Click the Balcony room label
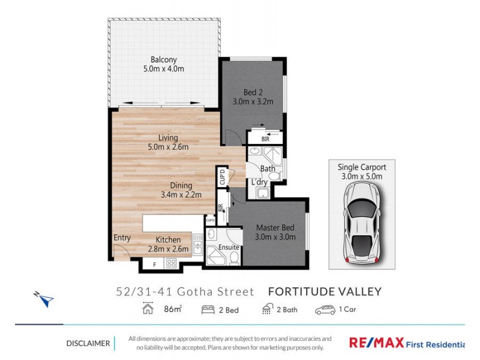163,59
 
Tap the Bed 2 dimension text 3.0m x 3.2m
253,101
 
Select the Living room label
164,138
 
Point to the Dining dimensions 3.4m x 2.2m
181,194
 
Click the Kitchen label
168,239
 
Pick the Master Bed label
276,227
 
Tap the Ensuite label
229,247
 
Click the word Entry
122,238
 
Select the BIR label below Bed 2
265,139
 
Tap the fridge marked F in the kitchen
154,263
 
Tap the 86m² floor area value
173,310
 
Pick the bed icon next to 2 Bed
208,310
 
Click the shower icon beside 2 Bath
268,310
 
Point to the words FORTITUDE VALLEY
324,292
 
